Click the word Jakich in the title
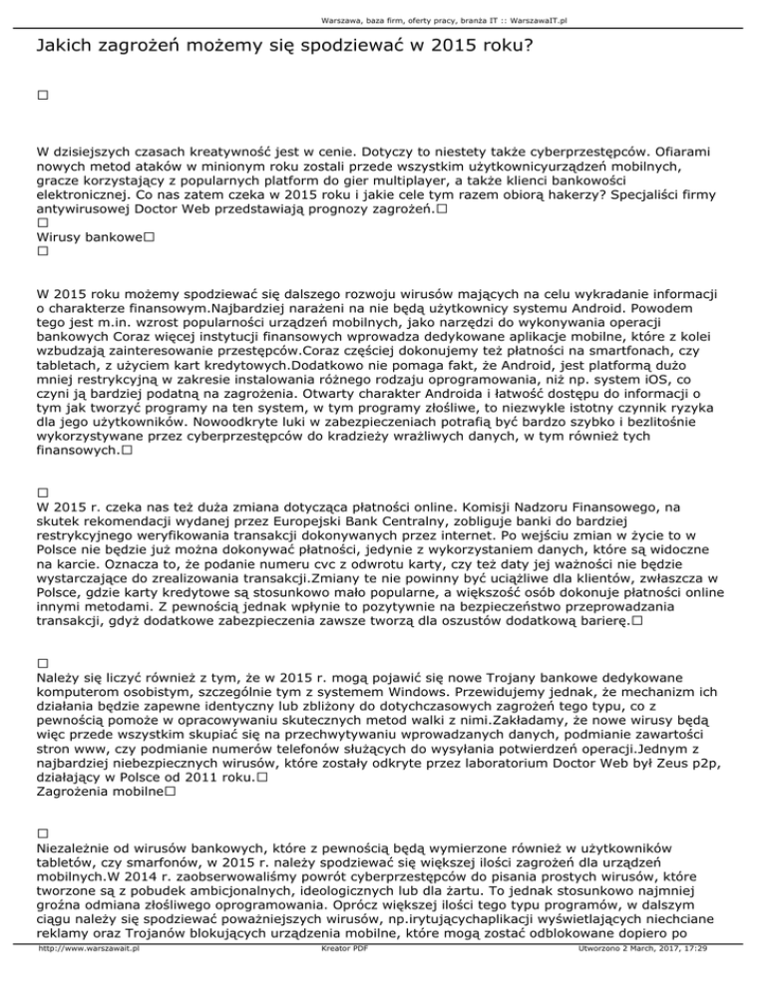tap(63, 47)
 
